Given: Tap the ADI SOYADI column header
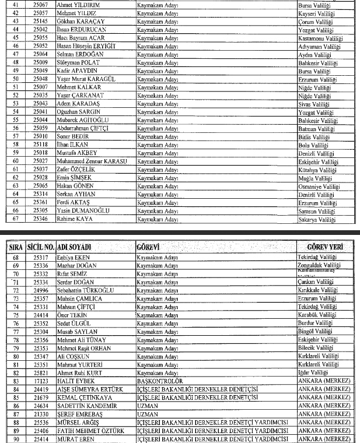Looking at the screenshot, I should pos(75,247).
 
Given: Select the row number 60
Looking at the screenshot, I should pos(16,161).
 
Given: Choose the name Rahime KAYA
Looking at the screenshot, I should pos(75,218).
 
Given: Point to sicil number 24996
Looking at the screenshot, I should pos(41,290).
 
